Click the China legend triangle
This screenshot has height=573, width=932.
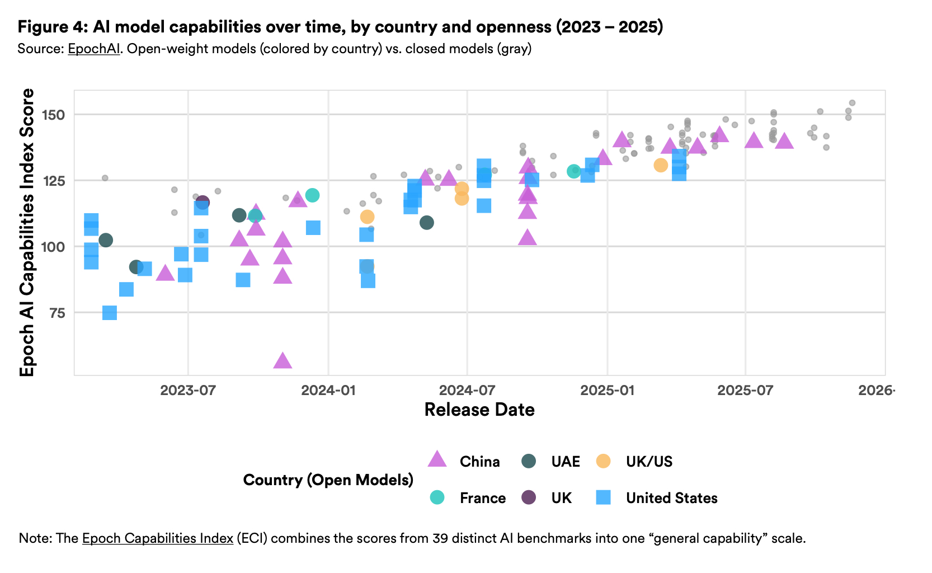[437, 460]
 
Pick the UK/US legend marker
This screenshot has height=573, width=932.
[603, 461]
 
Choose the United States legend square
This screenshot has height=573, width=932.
[603, 497]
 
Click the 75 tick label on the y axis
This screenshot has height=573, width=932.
[57, 313]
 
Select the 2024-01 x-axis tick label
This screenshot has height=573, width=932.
[328, 390]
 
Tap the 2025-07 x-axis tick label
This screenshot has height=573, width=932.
[745, 390]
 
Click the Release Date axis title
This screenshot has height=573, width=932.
[479, 410]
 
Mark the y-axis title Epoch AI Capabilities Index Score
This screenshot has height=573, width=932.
[27, 232]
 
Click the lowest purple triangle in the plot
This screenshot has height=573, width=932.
[283, 361]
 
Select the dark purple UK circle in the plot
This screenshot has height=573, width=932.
[203, 202]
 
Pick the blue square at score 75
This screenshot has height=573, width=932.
[110, 312]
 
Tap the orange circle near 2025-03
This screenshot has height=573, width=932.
[661, 165]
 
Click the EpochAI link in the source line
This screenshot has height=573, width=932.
[93, 49]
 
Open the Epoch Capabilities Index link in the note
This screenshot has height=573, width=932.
[157, 538]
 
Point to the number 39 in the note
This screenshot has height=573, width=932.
[440, 538]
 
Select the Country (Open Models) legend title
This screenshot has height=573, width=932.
[328, 480]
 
